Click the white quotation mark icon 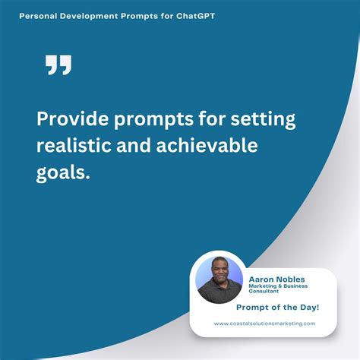click(x=58, y=65)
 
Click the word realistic click(x=74, y=147)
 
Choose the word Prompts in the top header click(x=139, y=14)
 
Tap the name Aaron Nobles click(x=277, y=279)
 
